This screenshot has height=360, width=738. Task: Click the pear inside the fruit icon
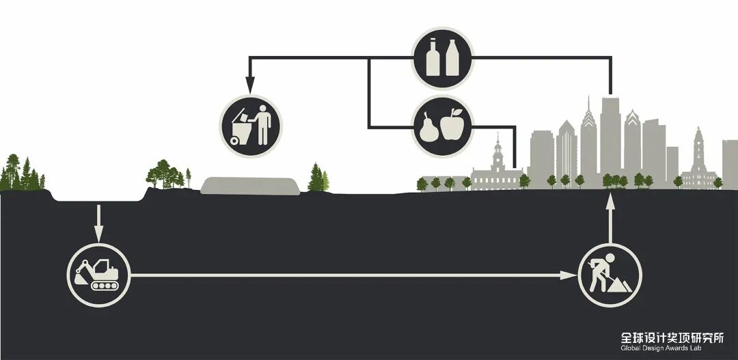pos(429,127)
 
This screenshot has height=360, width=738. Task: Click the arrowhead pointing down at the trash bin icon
pos(250,86)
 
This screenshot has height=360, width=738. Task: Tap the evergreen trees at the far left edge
pos(19,174)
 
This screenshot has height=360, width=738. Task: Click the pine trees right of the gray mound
pos(318,179)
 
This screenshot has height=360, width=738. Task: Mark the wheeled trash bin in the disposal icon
pos(242,130)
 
